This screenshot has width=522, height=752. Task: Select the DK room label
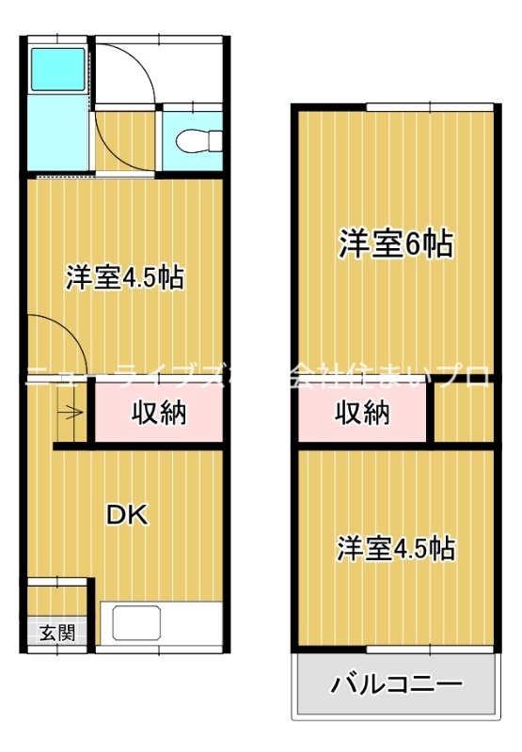pyautogui.click(x=126, y=514)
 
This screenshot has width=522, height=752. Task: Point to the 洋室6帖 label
pyautogui.click(x=396, y=244)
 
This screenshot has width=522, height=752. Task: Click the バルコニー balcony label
pyautogui.click(x=396, y=683)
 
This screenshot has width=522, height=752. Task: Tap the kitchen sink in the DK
pyautogui.click(x=137, y=624)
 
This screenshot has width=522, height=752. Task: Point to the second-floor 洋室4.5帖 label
pyautogui.click(x=396, y=548)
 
